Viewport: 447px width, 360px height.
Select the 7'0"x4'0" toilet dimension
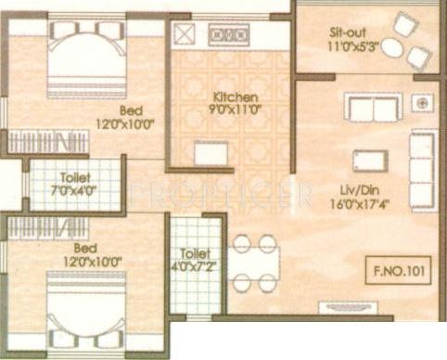(75, 191)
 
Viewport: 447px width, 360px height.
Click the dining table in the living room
(254, 262)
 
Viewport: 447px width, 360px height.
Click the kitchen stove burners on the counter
(226, 36)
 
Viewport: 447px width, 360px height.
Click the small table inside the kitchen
(210, 152)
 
